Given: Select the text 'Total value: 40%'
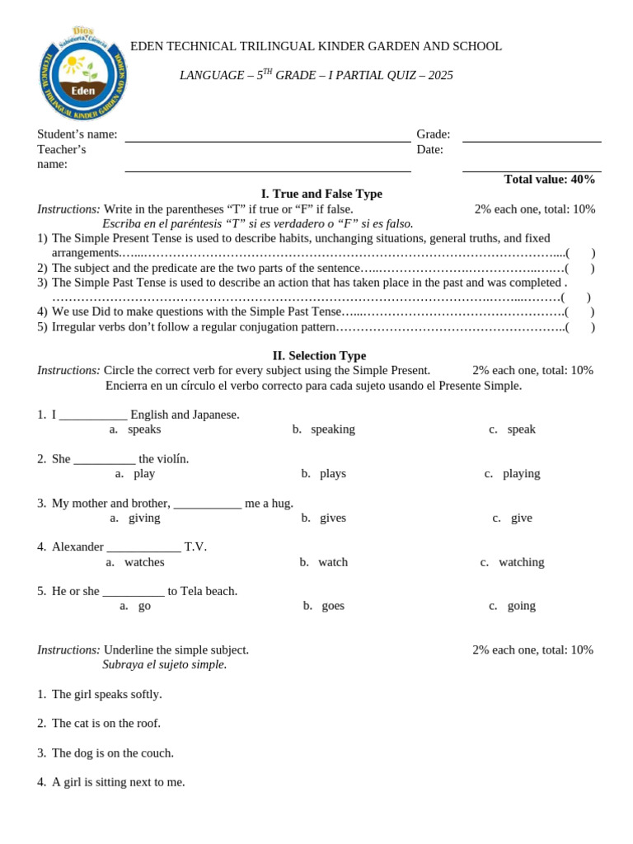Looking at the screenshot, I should [x=549, y=180].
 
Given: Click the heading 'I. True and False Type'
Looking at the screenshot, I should [x=321, y=194].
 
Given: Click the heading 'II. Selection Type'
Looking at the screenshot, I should [x=319, y=356].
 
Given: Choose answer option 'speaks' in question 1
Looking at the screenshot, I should [x=144, y=429].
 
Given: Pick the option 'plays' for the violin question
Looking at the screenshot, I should [x=332, y=474].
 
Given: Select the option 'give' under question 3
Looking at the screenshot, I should [x=521, y=518].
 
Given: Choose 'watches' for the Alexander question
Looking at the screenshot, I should [x=144, y=562].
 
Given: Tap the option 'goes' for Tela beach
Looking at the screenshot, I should [x=333, y=606].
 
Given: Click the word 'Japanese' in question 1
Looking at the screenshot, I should [x=215, y=415].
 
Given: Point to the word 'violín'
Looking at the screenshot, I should [x=169, y=459].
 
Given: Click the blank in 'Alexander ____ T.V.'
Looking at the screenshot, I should [x=143, y=547].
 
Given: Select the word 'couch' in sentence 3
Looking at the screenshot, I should [x=156, y=753].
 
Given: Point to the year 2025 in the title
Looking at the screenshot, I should [x=440, y=76].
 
